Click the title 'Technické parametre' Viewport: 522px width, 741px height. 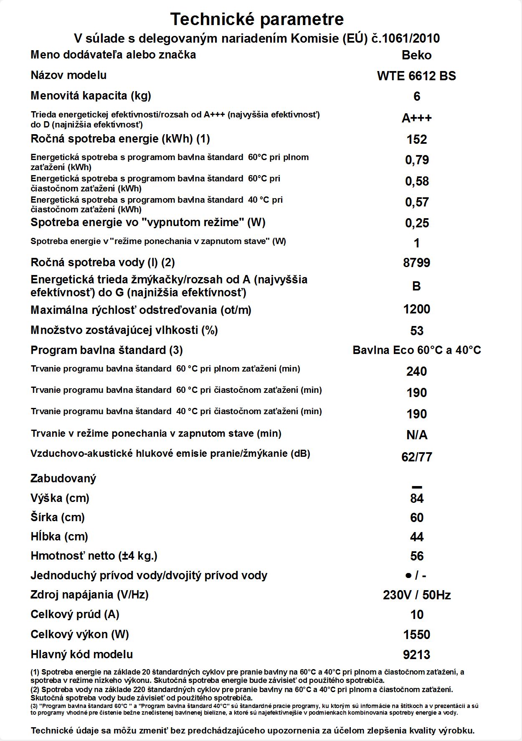[257, 19]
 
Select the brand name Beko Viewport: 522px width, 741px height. [416, 55]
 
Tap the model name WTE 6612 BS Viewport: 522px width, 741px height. [416, 76]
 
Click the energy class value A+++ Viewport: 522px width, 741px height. [416, 118]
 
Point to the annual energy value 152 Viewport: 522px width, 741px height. [416, 140]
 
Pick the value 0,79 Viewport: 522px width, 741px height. [417, 160]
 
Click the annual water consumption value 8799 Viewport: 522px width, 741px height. [416, 263]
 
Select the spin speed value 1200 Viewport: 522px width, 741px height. [416, 309]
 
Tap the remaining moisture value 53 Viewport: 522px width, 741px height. [416, 331]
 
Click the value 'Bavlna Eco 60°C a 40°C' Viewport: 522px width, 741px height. [416, 350]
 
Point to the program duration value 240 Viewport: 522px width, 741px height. [416, 372]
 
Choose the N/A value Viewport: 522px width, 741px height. [416, 435]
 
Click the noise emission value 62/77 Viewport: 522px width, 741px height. [416, 457]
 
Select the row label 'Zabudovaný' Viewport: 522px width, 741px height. [63, 479]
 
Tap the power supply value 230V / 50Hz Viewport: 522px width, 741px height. [416, 595]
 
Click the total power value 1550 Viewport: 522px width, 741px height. [416, 635]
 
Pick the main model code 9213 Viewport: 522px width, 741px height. [416, 655]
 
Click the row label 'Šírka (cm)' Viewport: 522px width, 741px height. [58, 517]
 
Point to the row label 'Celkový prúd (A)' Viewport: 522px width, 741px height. [75, 614]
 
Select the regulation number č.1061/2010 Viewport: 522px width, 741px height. [405, 38]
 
